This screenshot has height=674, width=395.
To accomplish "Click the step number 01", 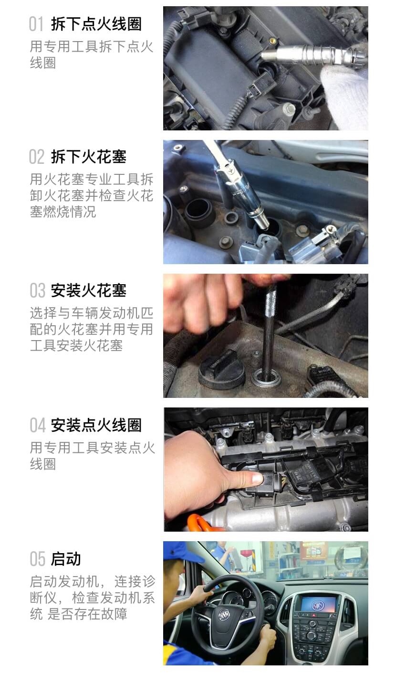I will point(36,24).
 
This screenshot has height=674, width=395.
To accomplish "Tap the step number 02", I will point(36,157).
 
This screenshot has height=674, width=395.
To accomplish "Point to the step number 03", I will point(37,290).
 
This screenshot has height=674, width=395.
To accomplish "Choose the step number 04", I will point(37,425).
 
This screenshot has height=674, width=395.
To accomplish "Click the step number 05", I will point(37,558).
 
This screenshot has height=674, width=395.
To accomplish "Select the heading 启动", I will point(66,558).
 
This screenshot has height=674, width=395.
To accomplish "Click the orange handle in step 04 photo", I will point(200,523).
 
